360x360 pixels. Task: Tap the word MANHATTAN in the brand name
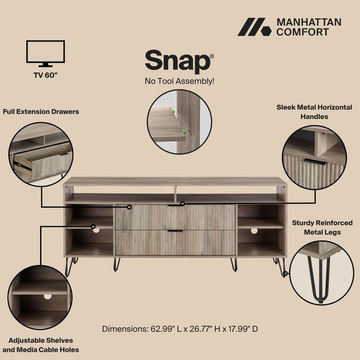[308, 22]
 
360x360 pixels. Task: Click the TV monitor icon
[46, 53]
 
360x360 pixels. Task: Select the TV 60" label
[46, 76]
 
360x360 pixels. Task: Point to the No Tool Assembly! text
[179, 81]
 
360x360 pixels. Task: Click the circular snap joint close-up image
[179, 122]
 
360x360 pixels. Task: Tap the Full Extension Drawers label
[41, 112]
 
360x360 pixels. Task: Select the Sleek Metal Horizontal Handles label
[314, 112]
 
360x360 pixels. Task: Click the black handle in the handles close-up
[314, 161]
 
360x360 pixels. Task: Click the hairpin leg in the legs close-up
[322, 277]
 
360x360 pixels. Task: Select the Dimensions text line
[180, 329]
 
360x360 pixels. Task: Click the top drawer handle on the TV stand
[175, 205]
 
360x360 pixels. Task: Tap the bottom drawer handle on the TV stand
[175, 230]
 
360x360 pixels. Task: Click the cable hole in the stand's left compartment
[95, 229]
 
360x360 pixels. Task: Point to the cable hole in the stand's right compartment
[254, 230]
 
